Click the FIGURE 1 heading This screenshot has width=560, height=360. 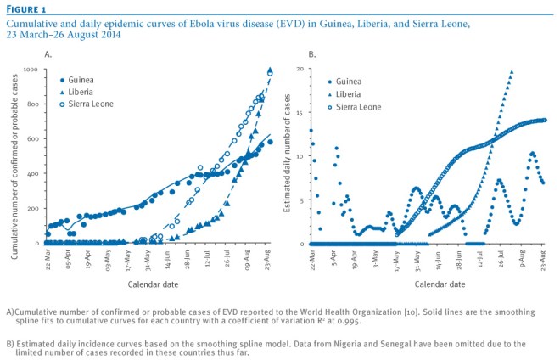point(25,8)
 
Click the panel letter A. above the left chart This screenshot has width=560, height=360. point(49,53)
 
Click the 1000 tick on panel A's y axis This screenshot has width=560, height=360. point(31,70)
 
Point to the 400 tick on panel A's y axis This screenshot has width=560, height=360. point(33,174)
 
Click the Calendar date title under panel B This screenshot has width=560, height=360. point(430,282)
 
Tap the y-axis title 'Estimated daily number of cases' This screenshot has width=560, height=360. point(288,158)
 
